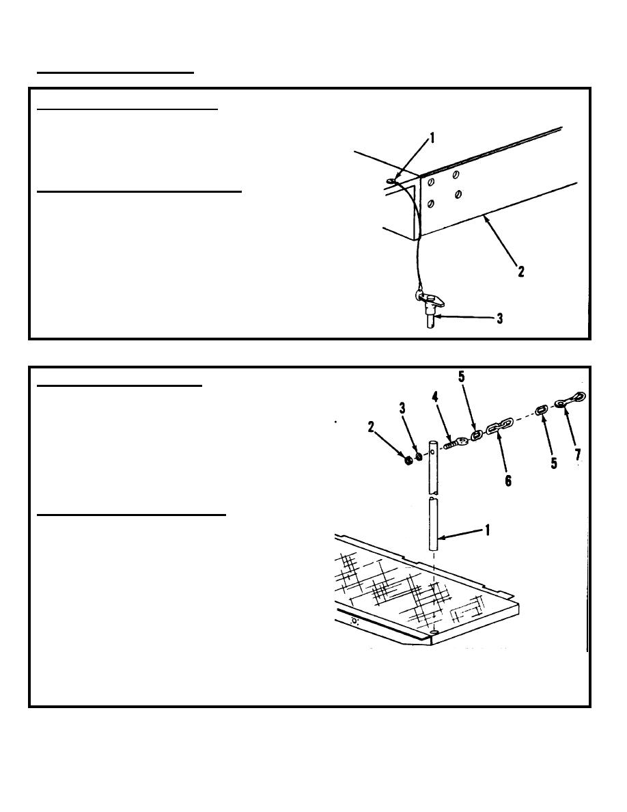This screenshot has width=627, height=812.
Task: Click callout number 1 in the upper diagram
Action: [x=432, y=138]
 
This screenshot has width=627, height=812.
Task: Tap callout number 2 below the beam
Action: [x=521, y=271]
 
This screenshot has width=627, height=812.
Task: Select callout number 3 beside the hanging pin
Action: [x=500, y=319]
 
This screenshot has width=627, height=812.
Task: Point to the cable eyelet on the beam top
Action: [x=390, y=180]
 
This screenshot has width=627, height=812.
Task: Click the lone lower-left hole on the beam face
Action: [x=430, y=204]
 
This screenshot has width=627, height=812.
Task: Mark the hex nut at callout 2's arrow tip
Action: [x=407, y=459]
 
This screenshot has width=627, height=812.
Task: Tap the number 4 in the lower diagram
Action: [x=435, y=398]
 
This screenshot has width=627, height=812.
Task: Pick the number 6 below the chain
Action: [x=508, y=481]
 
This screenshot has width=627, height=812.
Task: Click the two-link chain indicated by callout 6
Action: [x=498, y=427]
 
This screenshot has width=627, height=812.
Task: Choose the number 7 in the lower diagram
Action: [x=578, y=455]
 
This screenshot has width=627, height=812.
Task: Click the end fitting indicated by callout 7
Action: [x=570, y=401]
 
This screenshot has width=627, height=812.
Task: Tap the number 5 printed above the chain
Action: [x=462, y=377]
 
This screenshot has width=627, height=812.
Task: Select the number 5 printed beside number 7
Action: [x=554, y=463]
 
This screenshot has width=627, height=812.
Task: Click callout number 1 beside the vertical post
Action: [x=486, y=530]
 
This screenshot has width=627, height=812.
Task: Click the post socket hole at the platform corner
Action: [x=434, y=632]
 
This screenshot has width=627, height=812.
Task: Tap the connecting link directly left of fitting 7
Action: [x=541, y=410]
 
